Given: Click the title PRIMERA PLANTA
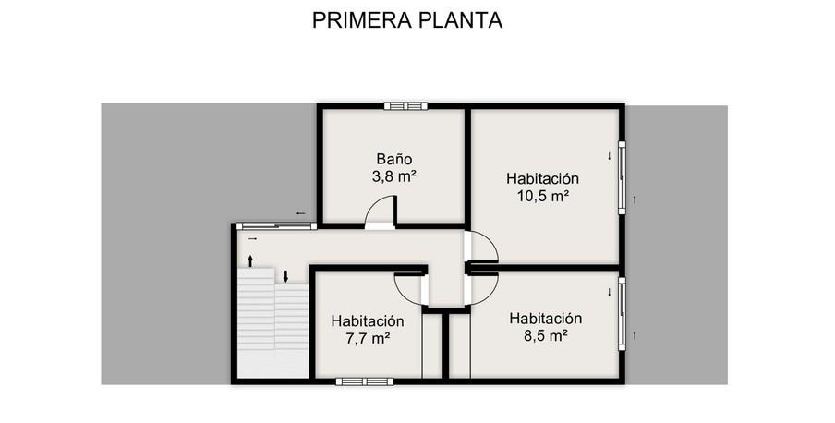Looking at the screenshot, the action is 407,20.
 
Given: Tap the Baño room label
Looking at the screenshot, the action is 394,159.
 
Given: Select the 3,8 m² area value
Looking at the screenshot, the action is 393,177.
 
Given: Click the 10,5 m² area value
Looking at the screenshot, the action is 542,196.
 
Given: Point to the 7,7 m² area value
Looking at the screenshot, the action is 368,338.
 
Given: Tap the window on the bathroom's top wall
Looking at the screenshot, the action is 405,106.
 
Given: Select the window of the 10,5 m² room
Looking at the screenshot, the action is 622,177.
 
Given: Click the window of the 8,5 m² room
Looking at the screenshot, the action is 622,314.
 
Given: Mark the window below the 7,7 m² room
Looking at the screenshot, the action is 365,381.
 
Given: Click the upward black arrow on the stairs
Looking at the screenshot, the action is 250,261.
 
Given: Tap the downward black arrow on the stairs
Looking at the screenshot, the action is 285,276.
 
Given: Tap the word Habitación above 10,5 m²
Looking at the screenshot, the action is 542,178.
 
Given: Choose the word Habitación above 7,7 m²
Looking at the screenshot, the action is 368,320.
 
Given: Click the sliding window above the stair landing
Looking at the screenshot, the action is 276,226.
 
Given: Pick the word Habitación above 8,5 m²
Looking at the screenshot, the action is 545,318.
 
